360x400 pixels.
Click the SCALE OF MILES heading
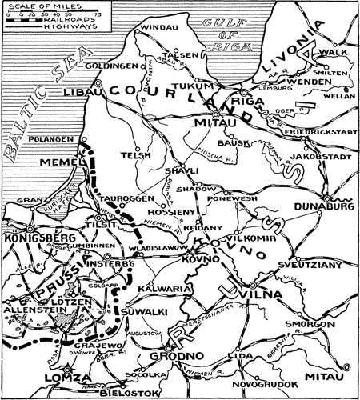[34, 6]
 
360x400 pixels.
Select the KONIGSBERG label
[34, 238]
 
